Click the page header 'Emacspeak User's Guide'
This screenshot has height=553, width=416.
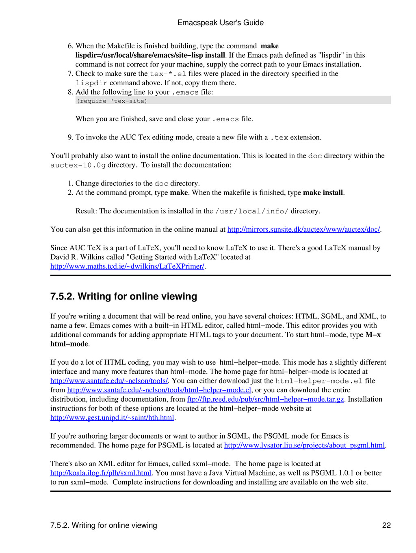coord(220,23)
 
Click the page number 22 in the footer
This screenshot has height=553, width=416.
coord(386,525)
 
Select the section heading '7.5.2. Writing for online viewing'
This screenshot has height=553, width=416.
coord(123,297)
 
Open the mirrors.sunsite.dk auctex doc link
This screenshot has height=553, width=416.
coord(303,230)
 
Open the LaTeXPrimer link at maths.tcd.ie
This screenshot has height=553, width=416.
coord(127,267)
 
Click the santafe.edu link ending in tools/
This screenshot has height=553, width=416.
coord(109,381)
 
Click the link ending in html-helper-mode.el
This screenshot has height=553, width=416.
coord(159,390)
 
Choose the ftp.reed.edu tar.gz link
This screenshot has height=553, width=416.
coord(265,400)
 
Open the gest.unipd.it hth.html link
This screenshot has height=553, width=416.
coord(112,418)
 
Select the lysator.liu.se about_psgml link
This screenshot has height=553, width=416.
coord(304,445)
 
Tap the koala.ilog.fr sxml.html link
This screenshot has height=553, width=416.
coord(101,473)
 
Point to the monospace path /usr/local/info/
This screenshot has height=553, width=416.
coord(251,211)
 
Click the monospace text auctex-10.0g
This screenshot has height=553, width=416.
coord(78,166)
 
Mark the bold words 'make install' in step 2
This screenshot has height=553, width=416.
coord(323,193)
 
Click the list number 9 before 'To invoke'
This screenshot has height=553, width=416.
coord(70,138)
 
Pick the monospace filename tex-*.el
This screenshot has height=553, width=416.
coord(168,74)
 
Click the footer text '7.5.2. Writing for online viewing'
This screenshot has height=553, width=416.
coord(104,525)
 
